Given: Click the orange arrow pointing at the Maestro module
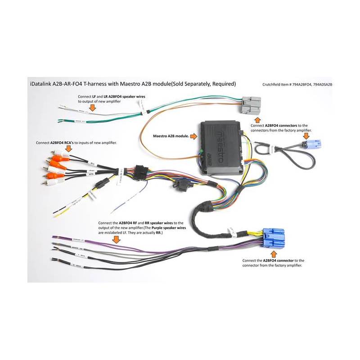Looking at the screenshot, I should (193, 135).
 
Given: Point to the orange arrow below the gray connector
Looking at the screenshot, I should (257, 119).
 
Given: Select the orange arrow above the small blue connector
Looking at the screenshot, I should (307, 135).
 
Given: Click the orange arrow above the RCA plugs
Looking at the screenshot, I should (69, 148).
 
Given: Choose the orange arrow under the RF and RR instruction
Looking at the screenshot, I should (116, 240).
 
